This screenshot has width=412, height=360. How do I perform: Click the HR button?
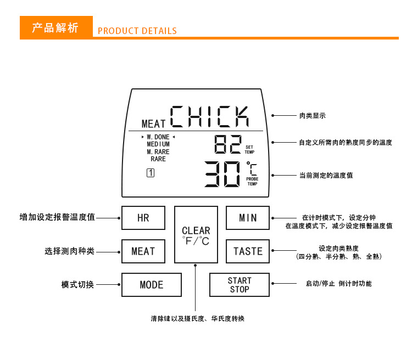click(x=143, y=218)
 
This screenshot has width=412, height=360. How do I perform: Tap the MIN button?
click(x=248, y=218)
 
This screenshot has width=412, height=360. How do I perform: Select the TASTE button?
click(x=248, y=251)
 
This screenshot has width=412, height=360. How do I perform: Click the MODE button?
click(x=151, y=285)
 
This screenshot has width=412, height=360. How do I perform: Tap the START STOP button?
click(x=240, y=285)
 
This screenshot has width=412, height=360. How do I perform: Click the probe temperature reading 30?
click(x=222, y=175)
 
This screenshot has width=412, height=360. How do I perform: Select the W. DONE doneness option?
click(x=158, y=137)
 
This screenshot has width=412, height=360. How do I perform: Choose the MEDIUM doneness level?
click(x=158, y=144)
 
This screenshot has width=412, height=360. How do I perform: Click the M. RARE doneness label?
click(x=158, y=151)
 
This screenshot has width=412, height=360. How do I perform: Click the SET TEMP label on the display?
click(x=249, y=149)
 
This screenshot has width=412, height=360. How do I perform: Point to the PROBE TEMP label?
click(x=252, y=181)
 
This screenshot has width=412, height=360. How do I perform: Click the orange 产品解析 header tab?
click(x=56, y=28)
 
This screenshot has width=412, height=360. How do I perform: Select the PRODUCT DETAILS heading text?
click(x=137, y=31)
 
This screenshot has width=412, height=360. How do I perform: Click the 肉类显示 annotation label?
click(x=313, y=116)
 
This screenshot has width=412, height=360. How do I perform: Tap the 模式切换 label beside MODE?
click(x=77, y=285)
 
